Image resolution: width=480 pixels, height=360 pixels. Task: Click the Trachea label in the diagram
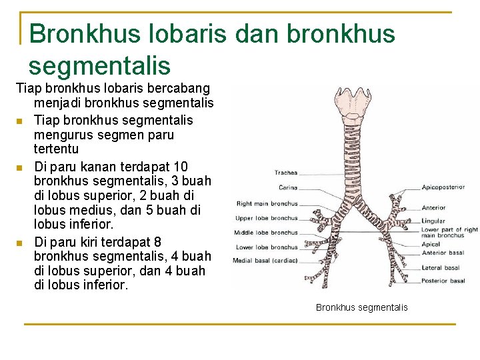(x=285, y=173)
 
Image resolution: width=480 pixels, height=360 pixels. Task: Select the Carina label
(x=288, y=187)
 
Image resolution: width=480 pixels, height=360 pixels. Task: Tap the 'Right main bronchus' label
(x=267, y=203)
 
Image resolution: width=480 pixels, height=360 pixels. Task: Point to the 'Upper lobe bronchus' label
(x=266, y=218)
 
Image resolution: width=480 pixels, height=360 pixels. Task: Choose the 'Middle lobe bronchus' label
(x=265, y=233)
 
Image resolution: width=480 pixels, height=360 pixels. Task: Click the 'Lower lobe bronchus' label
(x=265, y=247)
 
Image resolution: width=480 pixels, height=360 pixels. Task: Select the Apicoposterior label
(x=443, y=187)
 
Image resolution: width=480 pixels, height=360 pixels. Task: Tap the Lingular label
(x=433, y=221)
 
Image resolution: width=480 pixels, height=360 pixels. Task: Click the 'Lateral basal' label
(x=441, y=268)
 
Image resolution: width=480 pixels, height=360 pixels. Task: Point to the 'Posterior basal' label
(x=443, y=281)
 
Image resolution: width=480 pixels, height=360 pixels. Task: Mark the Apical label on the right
(x=431, y=245)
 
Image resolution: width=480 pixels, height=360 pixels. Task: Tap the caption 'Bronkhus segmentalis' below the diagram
(x=361, y=307)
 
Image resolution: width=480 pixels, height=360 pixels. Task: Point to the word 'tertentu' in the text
(x=56, y=149)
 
